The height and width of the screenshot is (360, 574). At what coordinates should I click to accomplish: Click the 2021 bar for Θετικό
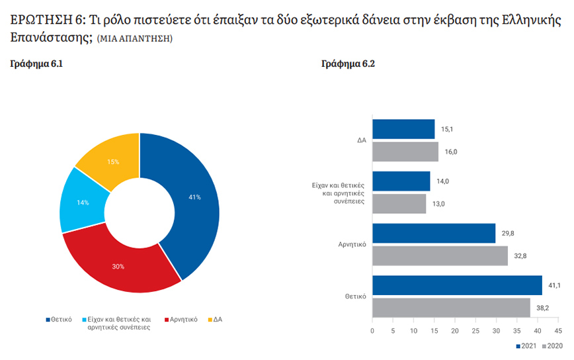(457, 285)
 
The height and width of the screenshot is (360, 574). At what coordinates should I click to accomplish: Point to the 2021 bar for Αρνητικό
(434, 233)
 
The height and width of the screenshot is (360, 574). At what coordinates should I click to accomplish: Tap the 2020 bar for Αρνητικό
(440, 255)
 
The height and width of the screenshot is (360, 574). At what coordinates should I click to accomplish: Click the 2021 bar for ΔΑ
(403, 129)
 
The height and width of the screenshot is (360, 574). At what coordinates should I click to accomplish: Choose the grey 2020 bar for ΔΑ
(405, 152)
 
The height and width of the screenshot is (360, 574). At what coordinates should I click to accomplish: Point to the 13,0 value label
(438, 204)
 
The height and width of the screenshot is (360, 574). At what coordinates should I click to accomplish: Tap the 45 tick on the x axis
(558, 330)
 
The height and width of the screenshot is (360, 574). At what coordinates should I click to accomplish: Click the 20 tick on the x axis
(455, 330)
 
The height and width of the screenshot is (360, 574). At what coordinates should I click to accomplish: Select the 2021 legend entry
(527, 346)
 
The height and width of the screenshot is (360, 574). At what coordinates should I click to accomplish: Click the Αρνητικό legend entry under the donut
(181, 320)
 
